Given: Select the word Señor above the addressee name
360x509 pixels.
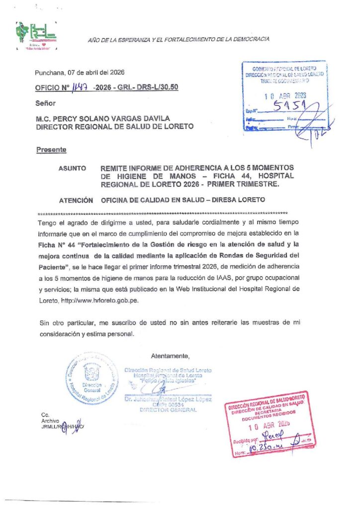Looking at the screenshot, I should point(46,103).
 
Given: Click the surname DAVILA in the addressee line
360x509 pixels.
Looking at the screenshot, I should point(154,118).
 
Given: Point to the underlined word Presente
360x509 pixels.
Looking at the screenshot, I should point(51,150).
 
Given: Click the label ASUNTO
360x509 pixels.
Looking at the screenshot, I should point(73,168).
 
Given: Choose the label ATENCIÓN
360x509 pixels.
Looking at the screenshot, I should point(76,200).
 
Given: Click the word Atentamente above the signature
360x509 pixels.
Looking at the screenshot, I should point(170,356).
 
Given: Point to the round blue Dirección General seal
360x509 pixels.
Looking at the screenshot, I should point(92,380).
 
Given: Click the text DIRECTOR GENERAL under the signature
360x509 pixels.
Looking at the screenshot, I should point(168,410).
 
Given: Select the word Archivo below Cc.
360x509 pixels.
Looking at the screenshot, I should point(51,421).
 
